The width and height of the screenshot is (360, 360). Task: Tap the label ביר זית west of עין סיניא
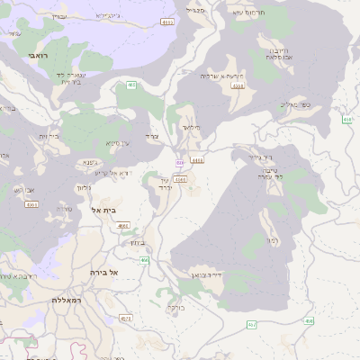coord(49,136)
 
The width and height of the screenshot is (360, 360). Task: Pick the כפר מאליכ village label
coord(293,104)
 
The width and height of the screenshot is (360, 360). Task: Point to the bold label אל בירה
coord(104,271)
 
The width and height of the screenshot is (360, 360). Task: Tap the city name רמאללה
coord(67,299)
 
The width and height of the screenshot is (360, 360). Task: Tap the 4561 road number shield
coord(32,204)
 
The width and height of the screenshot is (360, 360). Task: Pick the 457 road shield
coord(251,324)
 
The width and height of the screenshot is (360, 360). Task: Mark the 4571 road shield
coord(125,318)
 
